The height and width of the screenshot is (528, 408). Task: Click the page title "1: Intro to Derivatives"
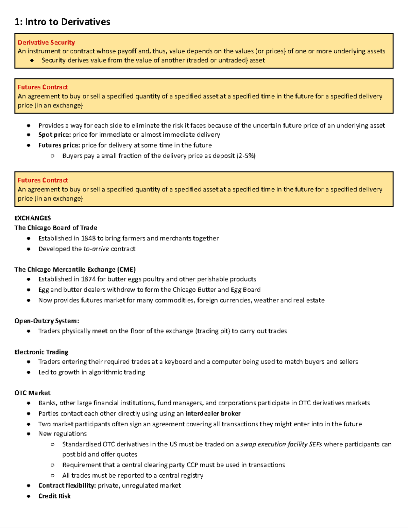(62, 22)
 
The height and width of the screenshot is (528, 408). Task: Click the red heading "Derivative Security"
(46, 42)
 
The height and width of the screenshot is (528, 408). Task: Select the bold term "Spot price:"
(54, 135)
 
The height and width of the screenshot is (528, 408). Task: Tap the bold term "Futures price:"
(59, 145)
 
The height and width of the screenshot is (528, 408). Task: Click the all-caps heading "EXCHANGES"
(33, 218)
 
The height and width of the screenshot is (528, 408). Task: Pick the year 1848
(88, 238)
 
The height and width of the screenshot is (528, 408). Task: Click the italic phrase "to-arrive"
(96, 249)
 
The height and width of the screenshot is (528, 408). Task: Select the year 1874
(88, 279)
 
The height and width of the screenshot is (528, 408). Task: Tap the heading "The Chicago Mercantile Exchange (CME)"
(75, 270)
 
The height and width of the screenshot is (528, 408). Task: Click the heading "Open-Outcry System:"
(47, 321)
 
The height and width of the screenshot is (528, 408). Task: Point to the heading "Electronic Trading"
(41, 352)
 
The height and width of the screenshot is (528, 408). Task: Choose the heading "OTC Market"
(32, 393)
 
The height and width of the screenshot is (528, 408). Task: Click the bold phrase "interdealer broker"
(213, 413)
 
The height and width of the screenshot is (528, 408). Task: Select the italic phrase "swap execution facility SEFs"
(281, 444)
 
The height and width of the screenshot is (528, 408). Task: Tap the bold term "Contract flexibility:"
(67, 486)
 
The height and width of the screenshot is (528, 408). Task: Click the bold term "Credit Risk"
(54, 496)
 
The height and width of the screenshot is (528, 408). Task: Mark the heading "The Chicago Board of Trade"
(56, 228)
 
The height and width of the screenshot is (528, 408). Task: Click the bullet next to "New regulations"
(29, 434)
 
